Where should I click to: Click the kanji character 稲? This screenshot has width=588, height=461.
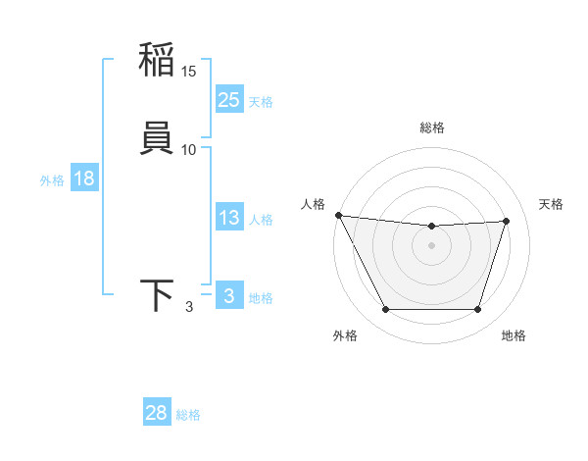coord(157,61)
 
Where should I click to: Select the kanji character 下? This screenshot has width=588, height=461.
coord(157,295)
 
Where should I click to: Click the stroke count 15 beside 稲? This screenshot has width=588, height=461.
coord(189,72)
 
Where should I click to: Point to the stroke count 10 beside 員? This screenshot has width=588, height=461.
coord(189,149)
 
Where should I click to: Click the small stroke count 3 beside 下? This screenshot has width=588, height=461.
coord(189,307)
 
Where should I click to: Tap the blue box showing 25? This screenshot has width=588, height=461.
coord(229,99)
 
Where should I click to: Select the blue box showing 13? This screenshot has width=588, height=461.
coord(229,218)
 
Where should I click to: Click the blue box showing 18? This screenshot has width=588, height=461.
coord(84,179)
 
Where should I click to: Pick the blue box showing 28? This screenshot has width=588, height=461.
coord(157,413)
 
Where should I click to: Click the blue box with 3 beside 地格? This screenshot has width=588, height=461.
coord(229,296)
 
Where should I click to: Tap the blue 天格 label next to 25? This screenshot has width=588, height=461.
coord(261,102)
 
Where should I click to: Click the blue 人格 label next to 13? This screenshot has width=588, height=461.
coord(261,220)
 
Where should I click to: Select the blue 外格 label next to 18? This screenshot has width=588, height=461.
coord(52,180)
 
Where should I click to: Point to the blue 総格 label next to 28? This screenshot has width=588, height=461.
coord(188,415)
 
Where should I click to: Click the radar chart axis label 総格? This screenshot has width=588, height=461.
coord(432,128)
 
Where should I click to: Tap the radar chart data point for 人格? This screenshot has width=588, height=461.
coord(338,215)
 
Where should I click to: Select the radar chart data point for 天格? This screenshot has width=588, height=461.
coord(507,221)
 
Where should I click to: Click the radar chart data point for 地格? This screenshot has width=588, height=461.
coord(477,310)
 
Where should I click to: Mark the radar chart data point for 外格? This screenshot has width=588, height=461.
coord(385,310)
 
